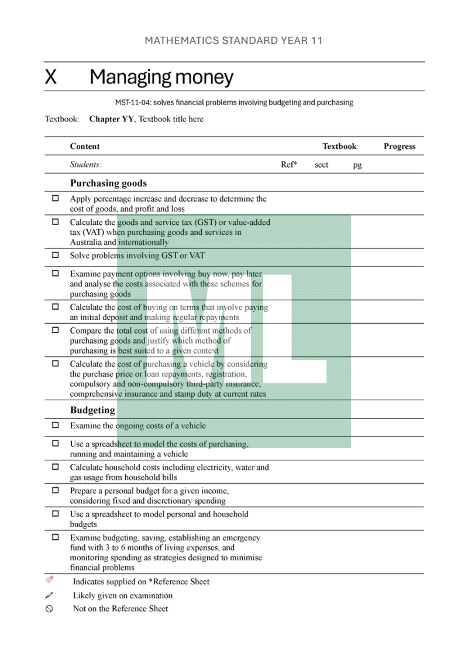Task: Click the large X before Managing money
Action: pyautogui.click(x=51, y=77)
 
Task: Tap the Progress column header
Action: pyautogui.click(x=400, y=147)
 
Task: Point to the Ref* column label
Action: pyautogui.click(x=289, y=165)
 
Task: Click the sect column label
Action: pyautogui.click(x=321, y=165)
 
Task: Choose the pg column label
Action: pyautogui.click(x=357, y=165)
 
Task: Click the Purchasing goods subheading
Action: pyautogui.click(x=108, y=183)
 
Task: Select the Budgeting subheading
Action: pyautogui.click(x=92, y=410)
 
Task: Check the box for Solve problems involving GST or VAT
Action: pyautogui.click(x=56, y=255)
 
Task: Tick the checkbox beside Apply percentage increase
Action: pyautogui.click(x=56, y=199)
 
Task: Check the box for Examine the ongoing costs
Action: pyautogui.click(x=56, y=425)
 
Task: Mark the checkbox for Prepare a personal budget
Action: pyautogui.click(x=56, y=491)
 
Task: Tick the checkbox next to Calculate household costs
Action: pyautogui.click(x=56, y=467)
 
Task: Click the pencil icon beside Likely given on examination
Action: pyautogui.click(x=49, y=595)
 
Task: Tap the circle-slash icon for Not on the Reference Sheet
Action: pyautogui.click(x=49, y=608)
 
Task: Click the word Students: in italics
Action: pyautogui.click(x=85, y=165)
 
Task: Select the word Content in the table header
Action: pyautogui.click(x=85, y=147)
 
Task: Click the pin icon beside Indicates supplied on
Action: pyautogui.click(x=50, y=580)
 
